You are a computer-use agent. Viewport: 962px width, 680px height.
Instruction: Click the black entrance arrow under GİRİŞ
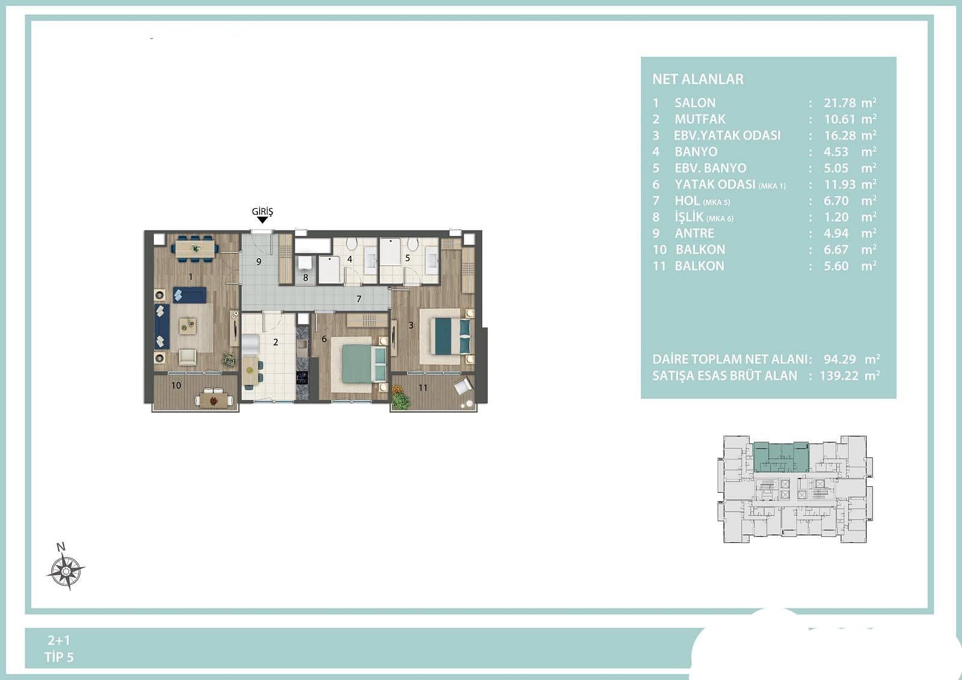click(x=262, y=220)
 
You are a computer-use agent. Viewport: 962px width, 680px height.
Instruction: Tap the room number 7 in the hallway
click(x=359, y=298)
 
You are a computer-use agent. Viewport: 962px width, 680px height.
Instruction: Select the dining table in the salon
click(x=195, y=248)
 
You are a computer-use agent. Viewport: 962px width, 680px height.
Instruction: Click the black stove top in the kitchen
click(x=302, y=377)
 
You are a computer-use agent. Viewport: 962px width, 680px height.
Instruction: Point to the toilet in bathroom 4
click(x=351, y=244)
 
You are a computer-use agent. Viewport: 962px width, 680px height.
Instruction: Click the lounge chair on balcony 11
click(x=462, y=386)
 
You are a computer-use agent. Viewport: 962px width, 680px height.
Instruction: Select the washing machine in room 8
click(x=305, y=262)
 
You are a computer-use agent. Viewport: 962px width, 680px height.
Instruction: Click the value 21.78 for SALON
click(x=839, y=103)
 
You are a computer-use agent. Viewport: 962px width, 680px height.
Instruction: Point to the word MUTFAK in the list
click(x=700, y=119)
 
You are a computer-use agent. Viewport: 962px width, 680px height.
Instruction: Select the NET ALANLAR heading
click(x=698, y=79)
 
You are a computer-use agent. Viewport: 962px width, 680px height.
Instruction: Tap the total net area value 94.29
click(x=839, y=359)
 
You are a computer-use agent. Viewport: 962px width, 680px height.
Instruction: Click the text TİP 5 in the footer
click(x=60, y=657)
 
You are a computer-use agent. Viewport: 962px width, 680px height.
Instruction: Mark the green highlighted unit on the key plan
click(x=781, y=457)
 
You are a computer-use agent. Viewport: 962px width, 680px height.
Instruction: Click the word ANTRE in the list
click(x=694, y=233)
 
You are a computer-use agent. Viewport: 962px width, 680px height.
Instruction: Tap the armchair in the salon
click(x=187, y=357)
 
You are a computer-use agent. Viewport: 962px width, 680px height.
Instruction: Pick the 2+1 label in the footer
click(x=59, y=640)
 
